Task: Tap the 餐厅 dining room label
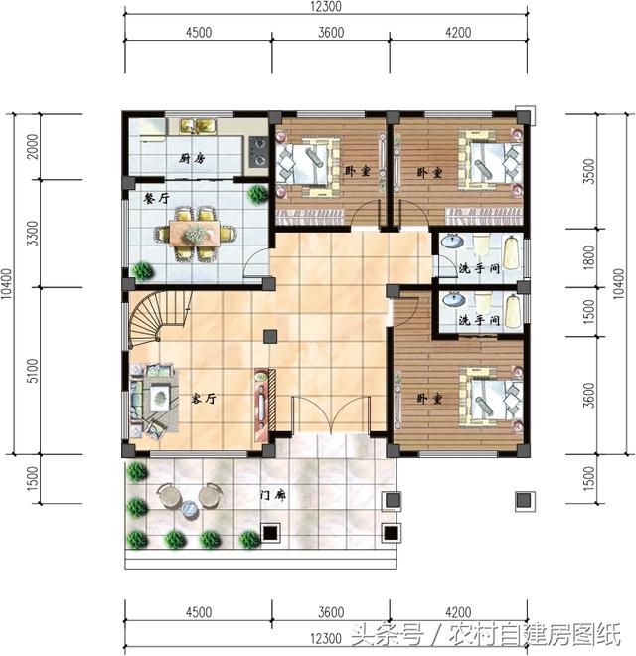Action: point(156,198)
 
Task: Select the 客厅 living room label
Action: point(204,398)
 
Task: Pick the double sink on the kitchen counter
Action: point(198,126)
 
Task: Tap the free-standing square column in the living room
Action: point(270,336)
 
